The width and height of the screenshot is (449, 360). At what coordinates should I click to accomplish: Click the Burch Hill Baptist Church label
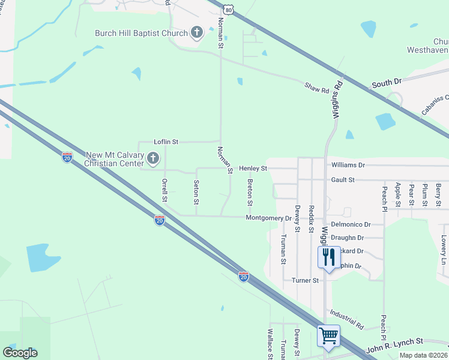point(142,33)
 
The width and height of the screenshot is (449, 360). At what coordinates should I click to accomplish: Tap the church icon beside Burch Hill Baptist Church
point(196,32)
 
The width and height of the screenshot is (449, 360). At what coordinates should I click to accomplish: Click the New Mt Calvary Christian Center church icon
point(153,159)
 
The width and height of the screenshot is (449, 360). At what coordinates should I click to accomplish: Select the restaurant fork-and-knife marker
point(328,258)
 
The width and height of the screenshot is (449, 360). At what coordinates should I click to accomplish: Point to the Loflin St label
point(166,142)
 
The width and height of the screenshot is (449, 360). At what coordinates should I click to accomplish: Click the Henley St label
point(253,169)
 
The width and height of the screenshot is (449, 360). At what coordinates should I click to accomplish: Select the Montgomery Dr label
point(268,218)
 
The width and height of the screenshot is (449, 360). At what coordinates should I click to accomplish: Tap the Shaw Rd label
point(317,89)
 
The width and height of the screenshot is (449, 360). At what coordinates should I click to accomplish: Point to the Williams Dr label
point(348,165)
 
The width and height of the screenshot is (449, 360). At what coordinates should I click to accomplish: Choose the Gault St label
point(343,180)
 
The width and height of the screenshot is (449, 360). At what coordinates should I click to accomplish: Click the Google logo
point(20,353)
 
